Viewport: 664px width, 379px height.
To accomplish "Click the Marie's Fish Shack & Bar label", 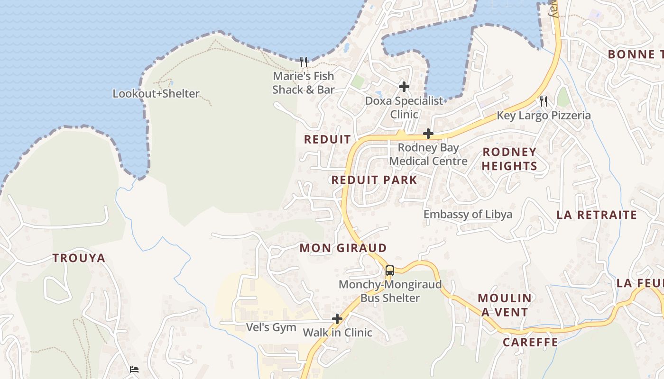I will tap(303, 83).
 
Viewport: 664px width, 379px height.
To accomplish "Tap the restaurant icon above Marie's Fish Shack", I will tap(304, 62).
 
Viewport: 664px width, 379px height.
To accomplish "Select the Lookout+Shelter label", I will tap(156, 94).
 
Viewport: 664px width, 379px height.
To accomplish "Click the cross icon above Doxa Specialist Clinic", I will tap(404, 87).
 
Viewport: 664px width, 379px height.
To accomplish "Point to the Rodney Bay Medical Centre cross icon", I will tap(428, 134).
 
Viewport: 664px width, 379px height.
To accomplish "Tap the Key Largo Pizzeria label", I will tap(544, 116).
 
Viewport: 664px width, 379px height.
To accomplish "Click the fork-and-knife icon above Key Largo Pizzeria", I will tap(544, 101).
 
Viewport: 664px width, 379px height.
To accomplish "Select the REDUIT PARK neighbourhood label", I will tap(374, 180).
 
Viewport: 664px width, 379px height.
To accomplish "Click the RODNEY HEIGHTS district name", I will tap(509, 159).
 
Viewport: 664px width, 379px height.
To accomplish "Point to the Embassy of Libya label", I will tap(468, 214).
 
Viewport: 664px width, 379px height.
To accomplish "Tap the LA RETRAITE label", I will tap(597, 215).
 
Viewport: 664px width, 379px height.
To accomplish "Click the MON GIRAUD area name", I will tap(343, 248).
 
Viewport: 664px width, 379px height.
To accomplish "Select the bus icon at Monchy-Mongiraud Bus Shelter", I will tap(389, 271).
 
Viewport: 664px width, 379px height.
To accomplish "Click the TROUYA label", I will tap(79, 258).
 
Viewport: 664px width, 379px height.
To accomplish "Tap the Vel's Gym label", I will tap(271, 327).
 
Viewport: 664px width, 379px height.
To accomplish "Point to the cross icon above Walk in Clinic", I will tap(337, 319).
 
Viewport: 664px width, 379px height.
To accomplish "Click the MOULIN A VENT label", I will tap(505, 305).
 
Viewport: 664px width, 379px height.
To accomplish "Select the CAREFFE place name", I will tap(530, 342).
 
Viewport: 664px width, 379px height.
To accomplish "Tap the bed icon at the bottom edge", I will tap(134, 370).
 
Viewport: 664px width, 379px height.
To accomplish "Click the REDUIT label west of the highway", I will tap(327, 139).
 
